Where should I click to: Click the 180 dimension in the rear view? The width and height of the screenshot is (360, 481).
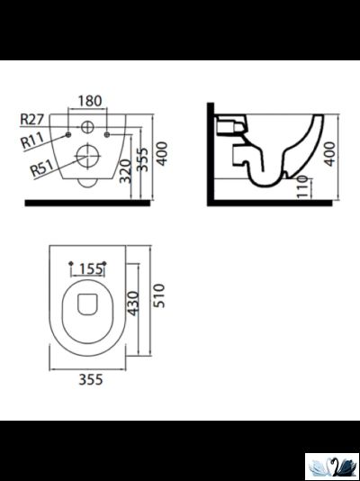[88, 100]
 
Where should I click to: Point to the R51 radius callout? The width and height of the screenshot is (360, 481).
[40, 168]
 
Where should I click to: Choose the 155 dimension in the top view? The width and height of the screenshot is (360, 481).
[89, 268]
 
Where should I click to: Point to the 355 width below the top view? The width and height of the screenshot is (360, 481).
[88, 380]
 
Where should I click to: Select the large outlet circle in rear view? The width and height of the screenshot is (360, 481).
[89, 156]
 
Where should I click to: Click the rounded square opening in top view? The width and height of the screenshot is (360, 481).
[88, 305]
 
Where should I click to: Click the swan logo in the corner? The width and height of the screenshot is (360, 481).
[332, 465]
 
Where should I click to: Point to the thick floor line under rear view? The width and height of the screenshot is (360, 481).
[88, 203]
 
